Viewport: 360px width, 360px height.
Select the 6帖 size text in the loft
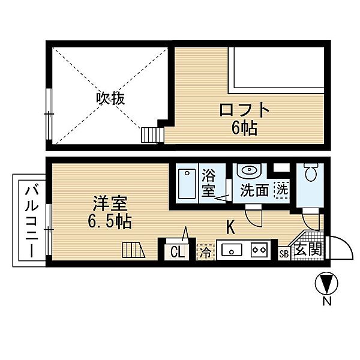[x=242, y=129]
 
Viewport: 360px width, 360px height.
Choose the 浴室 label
[x=209, y=184]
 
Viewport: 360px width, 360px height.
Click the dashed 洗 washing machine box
[x=281, y=190]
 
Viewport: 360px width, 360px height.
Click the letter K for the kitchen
[x=230, y=227]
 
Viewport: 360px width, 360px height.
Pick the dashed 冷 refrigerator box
[x=205, y=251]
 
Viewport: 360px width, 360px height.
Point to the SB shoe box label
[x=284, y=253]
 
